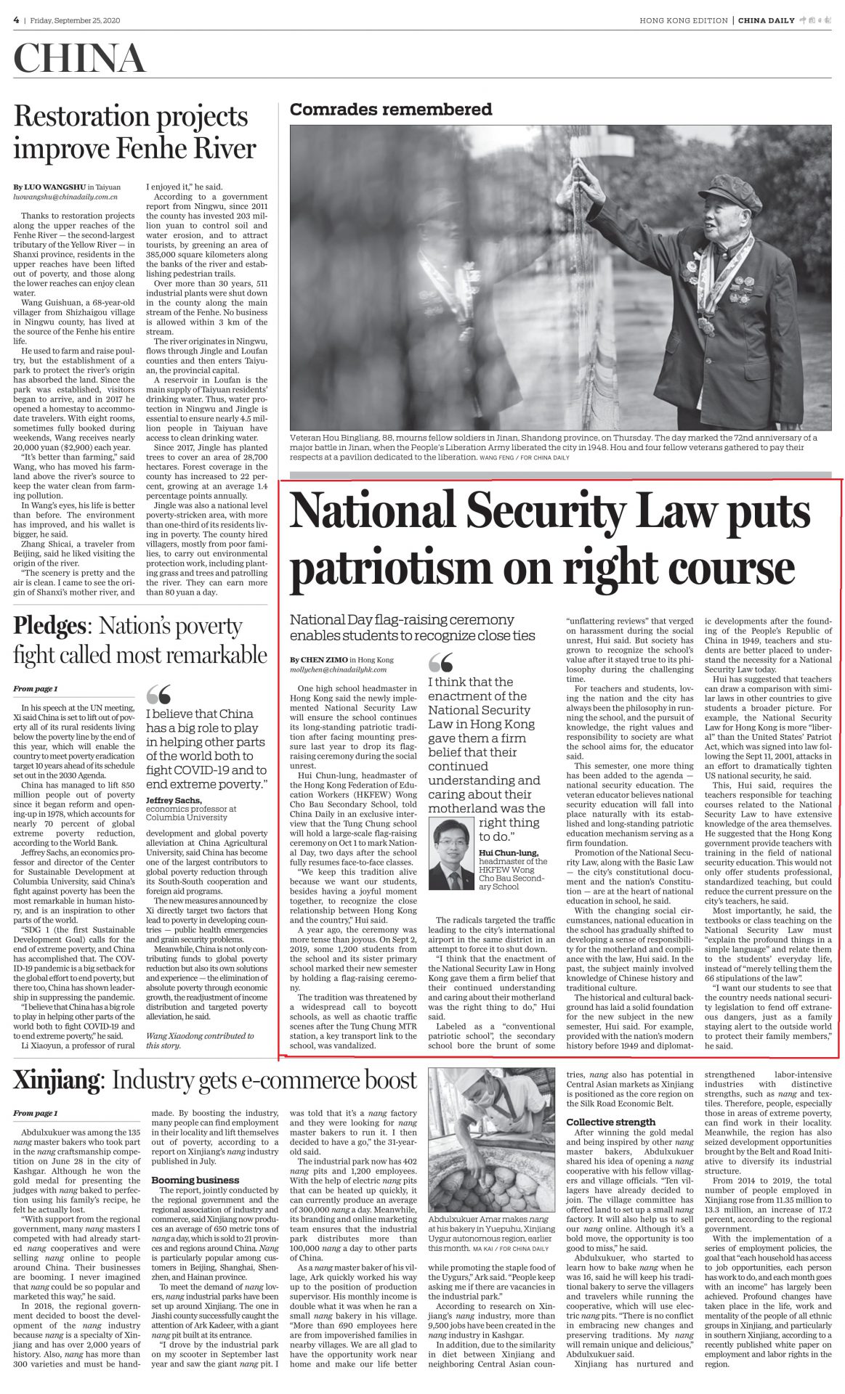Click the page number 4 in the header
click(x=15, y=20)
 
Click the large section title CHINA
click(x=79, y=59)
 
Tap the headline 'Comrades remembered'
click(x=390, y=110)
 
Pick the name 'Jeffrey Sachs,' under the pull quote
click(x=174, y=800)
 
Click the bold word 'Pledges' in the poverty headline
click(x=49, y=625)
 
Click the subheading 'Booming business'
click(x=195, y=1180)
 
